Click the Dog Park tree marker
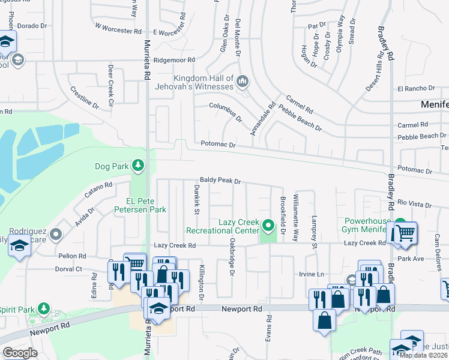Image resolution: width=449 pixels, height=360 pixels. pos(139,164)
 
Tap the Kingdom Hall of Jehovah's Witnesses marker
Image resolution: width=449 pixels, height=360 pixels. pos(243,80)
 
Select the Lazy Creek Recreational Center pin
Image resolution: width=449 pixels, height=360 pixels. pos(269,226)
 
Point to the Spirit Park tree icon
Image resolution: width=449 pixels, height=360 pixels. pos(43,308)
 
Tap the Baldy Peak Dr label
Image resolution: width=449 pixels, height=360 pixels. pos(220,180)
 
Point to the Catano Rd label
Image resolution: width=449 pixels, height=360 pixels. pos(98,191)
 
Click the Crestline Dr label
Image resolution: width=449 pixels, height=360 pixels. pos(85,97)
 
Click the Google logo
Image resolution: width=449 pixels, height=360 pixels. pos(20,352)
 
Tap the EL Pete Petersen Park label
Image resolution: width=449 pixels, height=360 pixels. pos(145,206)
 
